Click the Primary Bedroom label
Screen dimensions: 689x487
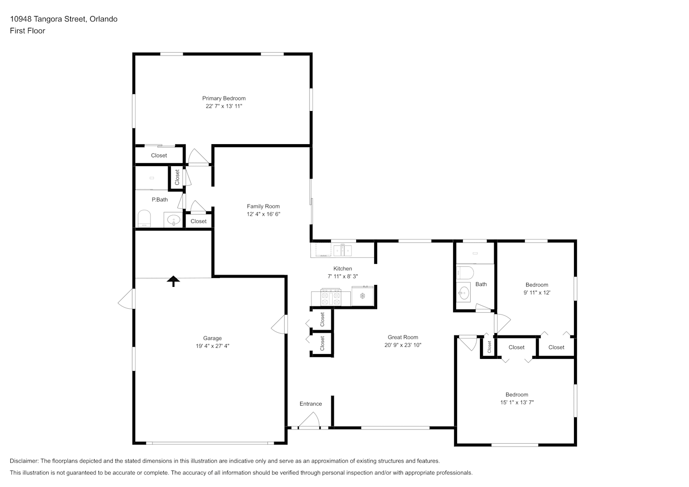(x=224, y=98)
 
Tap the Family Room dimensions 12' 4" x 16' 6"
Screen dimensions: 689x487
(x=263, y=214)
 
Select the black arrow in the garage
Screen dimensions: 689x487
(x=173, y=281)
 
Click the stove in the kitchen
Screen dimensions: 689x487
(x=331, y=297)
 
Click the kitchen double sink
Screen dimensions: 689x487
(x=343, y=251)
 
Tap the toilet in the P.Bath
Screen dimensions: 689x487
(x=144, y=218)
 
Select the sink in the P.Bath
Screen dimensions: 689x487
(x=173, y=220)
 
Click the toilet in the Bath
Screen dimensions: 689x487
(x=465, y=273)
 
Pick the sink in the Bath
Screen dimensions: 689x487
(x=463, y=292)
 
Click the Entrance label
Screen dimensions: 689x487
(x=311, y=404)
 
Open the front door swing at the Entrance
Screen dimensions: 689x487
(x=309, y=420)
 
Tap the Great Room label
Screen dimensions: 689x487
(x=402, y=337)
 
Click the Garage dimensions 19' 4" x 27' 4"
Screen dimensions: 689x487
(x=212, y=346)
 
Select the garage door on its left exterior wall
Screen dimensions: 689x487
(x=127, y=299)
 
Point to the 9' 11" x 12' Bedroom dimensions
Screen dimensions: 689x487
(x=537, y=292)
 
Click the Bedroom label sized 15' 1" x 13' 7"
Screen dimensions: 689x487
(x=517, y=394)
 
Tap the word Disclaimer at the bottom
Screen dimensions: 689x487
(x=24, y=461)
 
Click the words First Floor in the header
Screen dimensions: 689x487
(x=27, y=31)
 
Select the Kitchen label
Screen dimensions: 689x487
(x=343, y=268)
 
